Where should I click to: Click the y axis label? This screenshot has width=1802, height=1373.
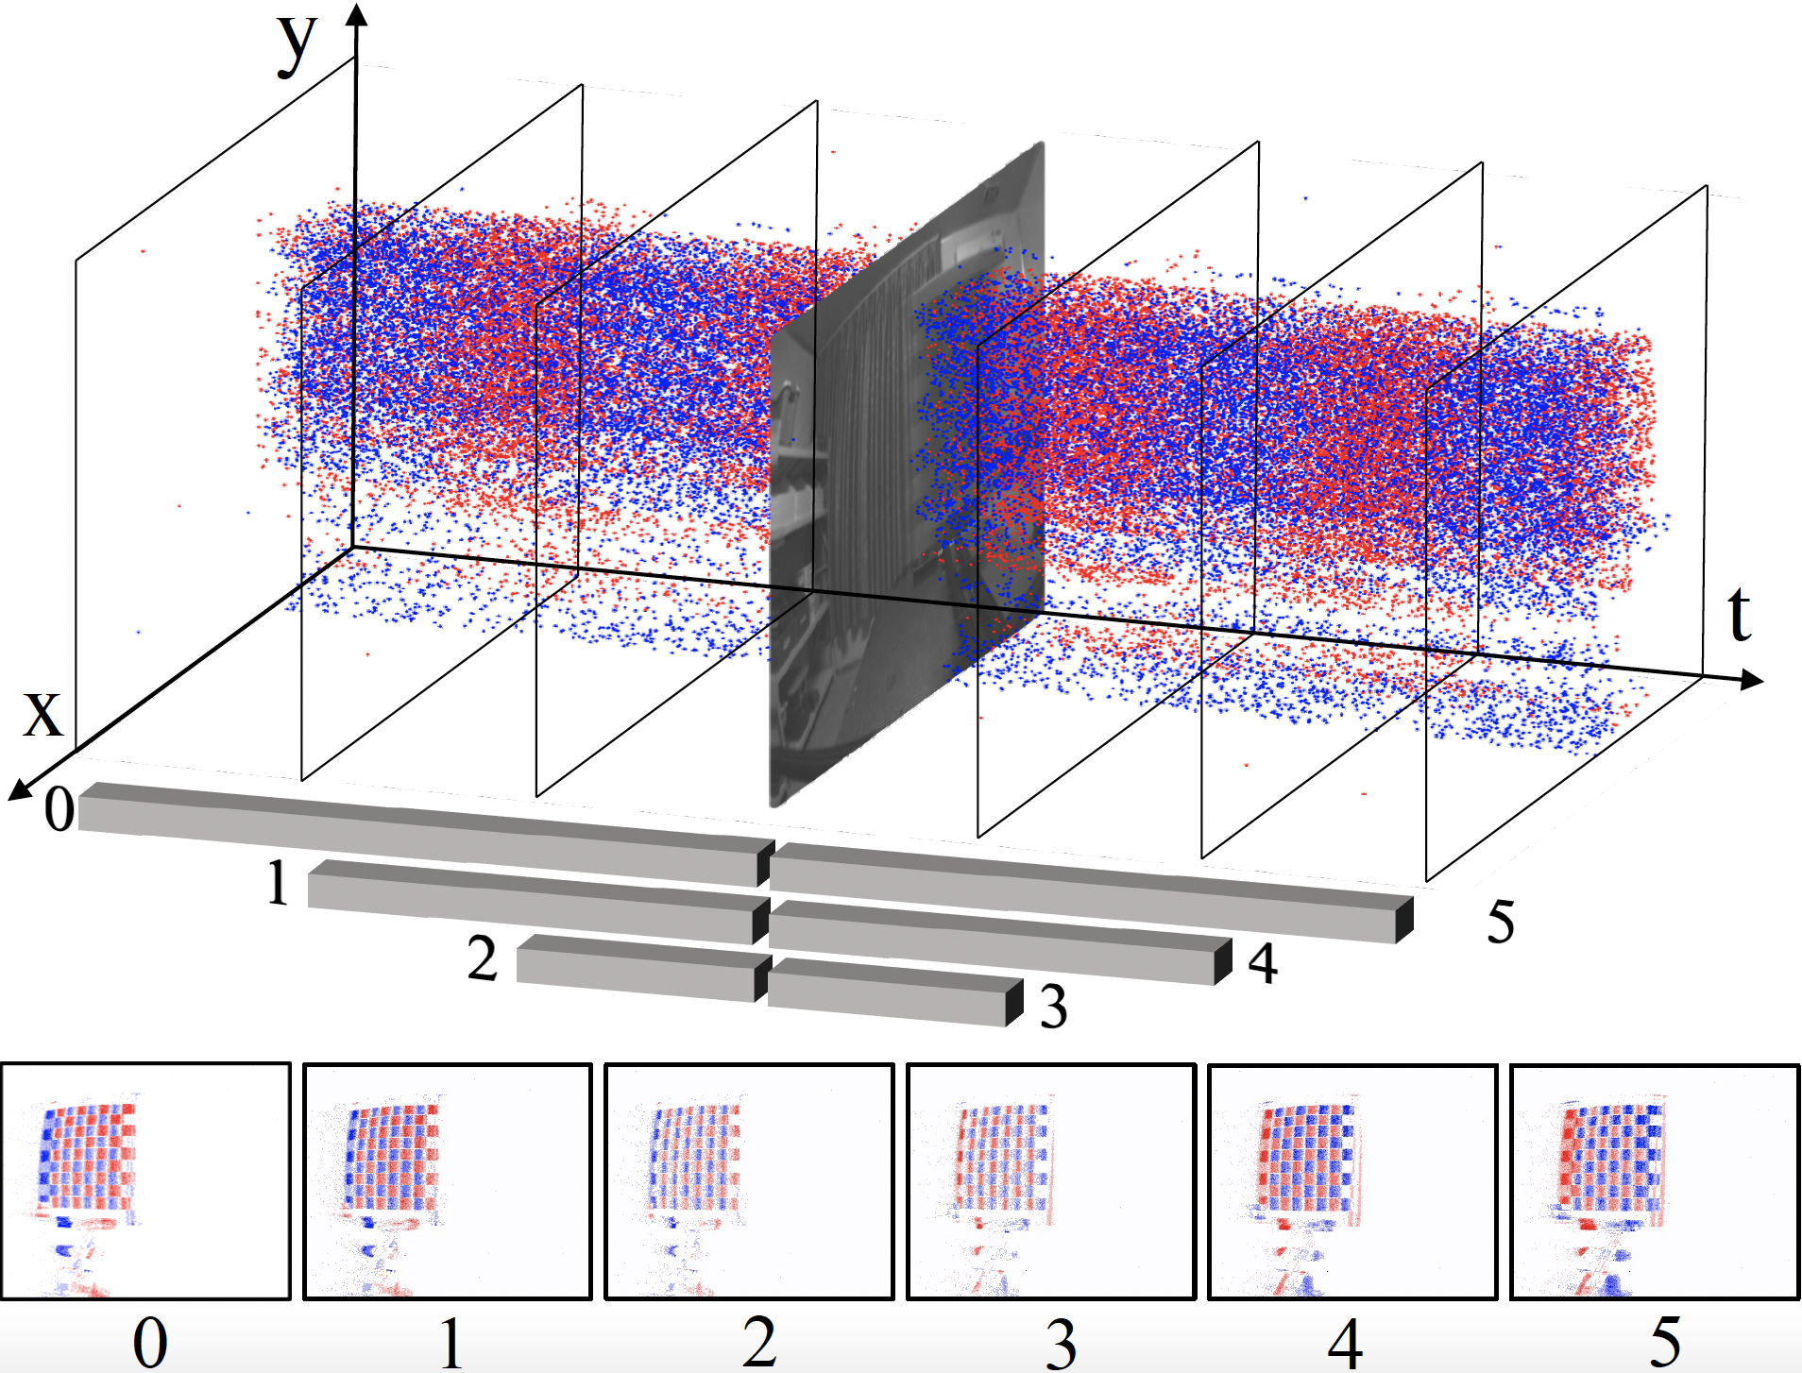pyautogui.click(x=297, y=45)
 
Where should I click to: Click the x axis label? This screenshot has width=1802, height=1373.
pyautogui.click(x=42, y=713)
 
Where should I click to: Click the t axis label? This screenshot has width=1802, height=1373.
pyautogui.click(x=1739, y=615)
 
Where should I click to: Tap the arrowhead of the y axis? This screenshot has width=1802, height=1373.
pyautogui.click(x=356, y=14)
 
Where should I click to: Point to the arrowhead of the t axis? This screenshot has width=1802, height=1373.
pyautogui.click(x=1752, y=679)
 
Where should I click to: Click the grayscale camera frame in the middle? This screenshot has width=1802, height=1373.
pyautogui.click(x=907, y=472)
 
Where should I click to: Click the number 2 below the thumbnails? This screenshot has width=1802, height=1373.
pyautogui.click(x=758, y=1341)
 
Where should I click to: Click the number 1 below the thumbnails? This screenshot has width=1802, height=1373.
pyautogui.click(x=451, y=1342)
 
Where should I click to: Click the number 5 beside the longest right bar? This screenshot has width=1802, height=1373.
pyautogui.click(x=1501, y=922)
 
